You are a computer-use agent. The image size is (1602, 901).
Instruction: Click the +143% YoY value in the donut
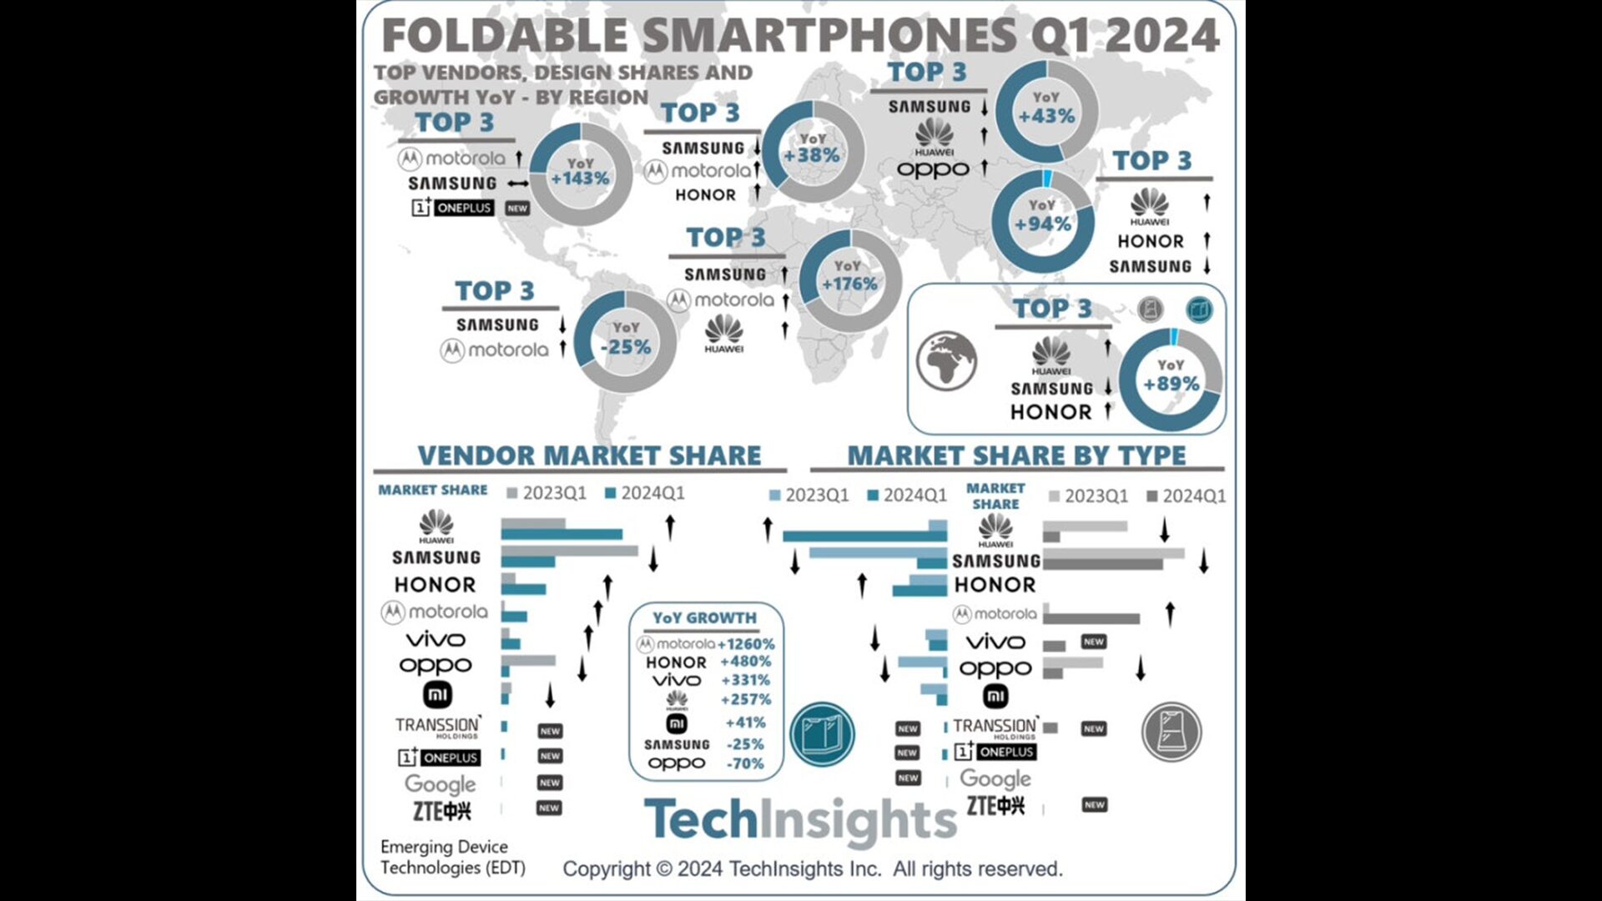coord(580,179)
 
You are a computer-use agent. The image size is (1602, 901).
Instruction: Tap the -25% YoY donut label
coord(626,346)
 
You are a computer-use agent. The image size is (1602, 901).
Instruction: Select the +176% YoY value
coord(849,284)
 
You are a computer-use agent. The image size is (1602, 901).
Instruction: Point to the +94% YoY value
coord(1043,224)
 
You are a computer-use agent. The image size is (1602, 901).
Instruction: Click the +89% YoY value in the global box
coord(1171,384)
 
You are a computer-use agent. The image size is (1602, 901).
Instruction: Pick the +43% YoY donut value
coord(1046,116)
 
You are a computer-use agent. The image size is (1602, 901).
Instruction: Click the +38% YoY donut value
coord(811,155)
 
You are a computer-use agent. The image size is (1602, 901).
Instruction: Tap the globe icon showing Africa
coord(946,360)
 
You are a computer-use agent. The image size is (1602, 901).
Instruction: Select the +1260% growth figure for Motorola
coord(746,644)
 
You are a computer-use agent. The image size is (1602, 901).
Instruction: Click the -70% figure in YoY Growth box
coord(745,763)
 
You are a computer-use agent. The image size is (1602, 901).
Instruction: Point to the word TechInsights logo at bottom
coord(799,820)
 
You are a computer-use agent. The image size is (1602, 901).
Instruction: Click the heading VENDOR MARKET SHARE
coord(589,456)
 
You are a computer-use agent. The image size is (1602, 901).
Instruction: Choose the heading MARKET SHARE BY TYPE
coord(1016,456)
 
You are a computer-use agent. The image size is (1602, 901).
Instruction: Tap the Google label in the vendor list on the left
coord(440,784)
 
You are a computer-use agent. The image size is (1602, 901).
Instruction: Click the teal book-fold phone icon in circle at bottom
coord(822,734)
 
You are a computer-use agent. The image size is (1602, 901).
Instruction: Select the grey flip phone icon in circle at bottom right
coord(1171,732)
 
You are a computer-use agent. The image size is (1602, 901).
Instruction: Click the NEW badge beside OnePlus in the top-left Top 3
coord(517,209)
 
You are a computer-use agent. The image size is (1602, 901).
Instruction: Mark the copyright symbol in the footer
coord(664,869)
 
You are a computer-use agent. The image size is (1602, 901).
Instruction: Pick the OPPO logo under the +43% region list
coord(933,169)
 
